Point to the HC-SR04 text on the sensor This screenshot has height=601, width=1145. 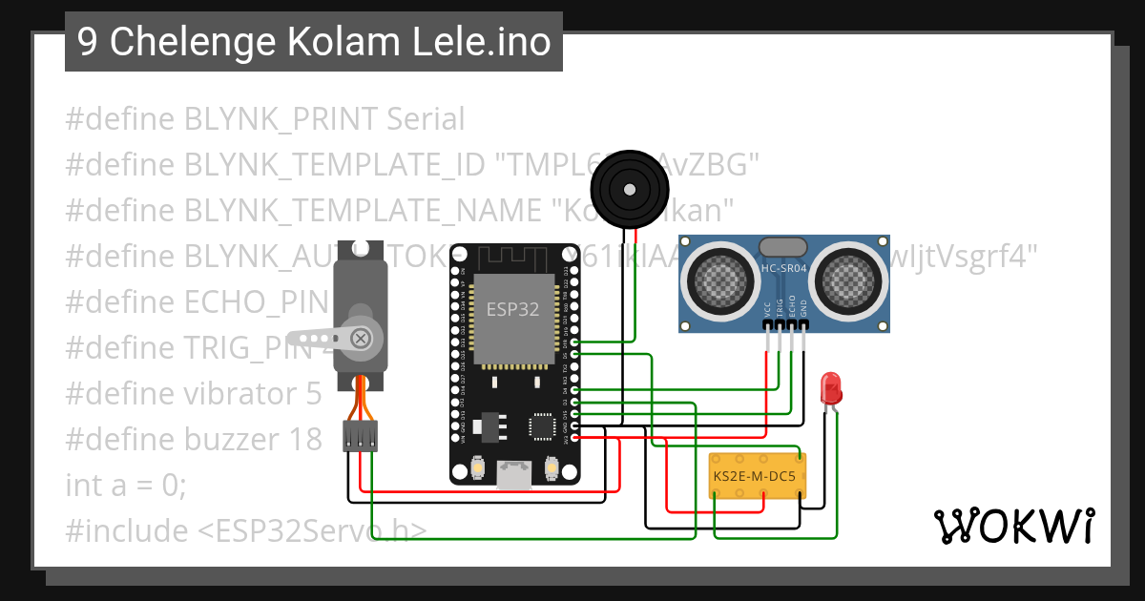(x=783, y=269)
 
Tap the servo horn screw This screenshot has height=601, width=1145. (x=361, y=338)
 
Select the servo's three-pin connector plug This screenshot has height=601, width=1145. (x=360, y=436)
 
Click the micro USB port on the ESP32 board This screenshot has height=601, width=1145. (x=515, y=474)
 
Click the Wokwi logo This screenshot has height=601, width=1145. (x=1013, y=526)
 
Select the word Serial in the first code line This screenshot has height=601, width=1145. (x=426, y=119)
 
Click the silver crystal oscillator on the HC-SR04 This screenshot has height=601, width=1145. (x=783, y=245)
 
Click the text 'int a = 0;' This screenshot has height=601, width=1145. (x=126, y=485)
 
